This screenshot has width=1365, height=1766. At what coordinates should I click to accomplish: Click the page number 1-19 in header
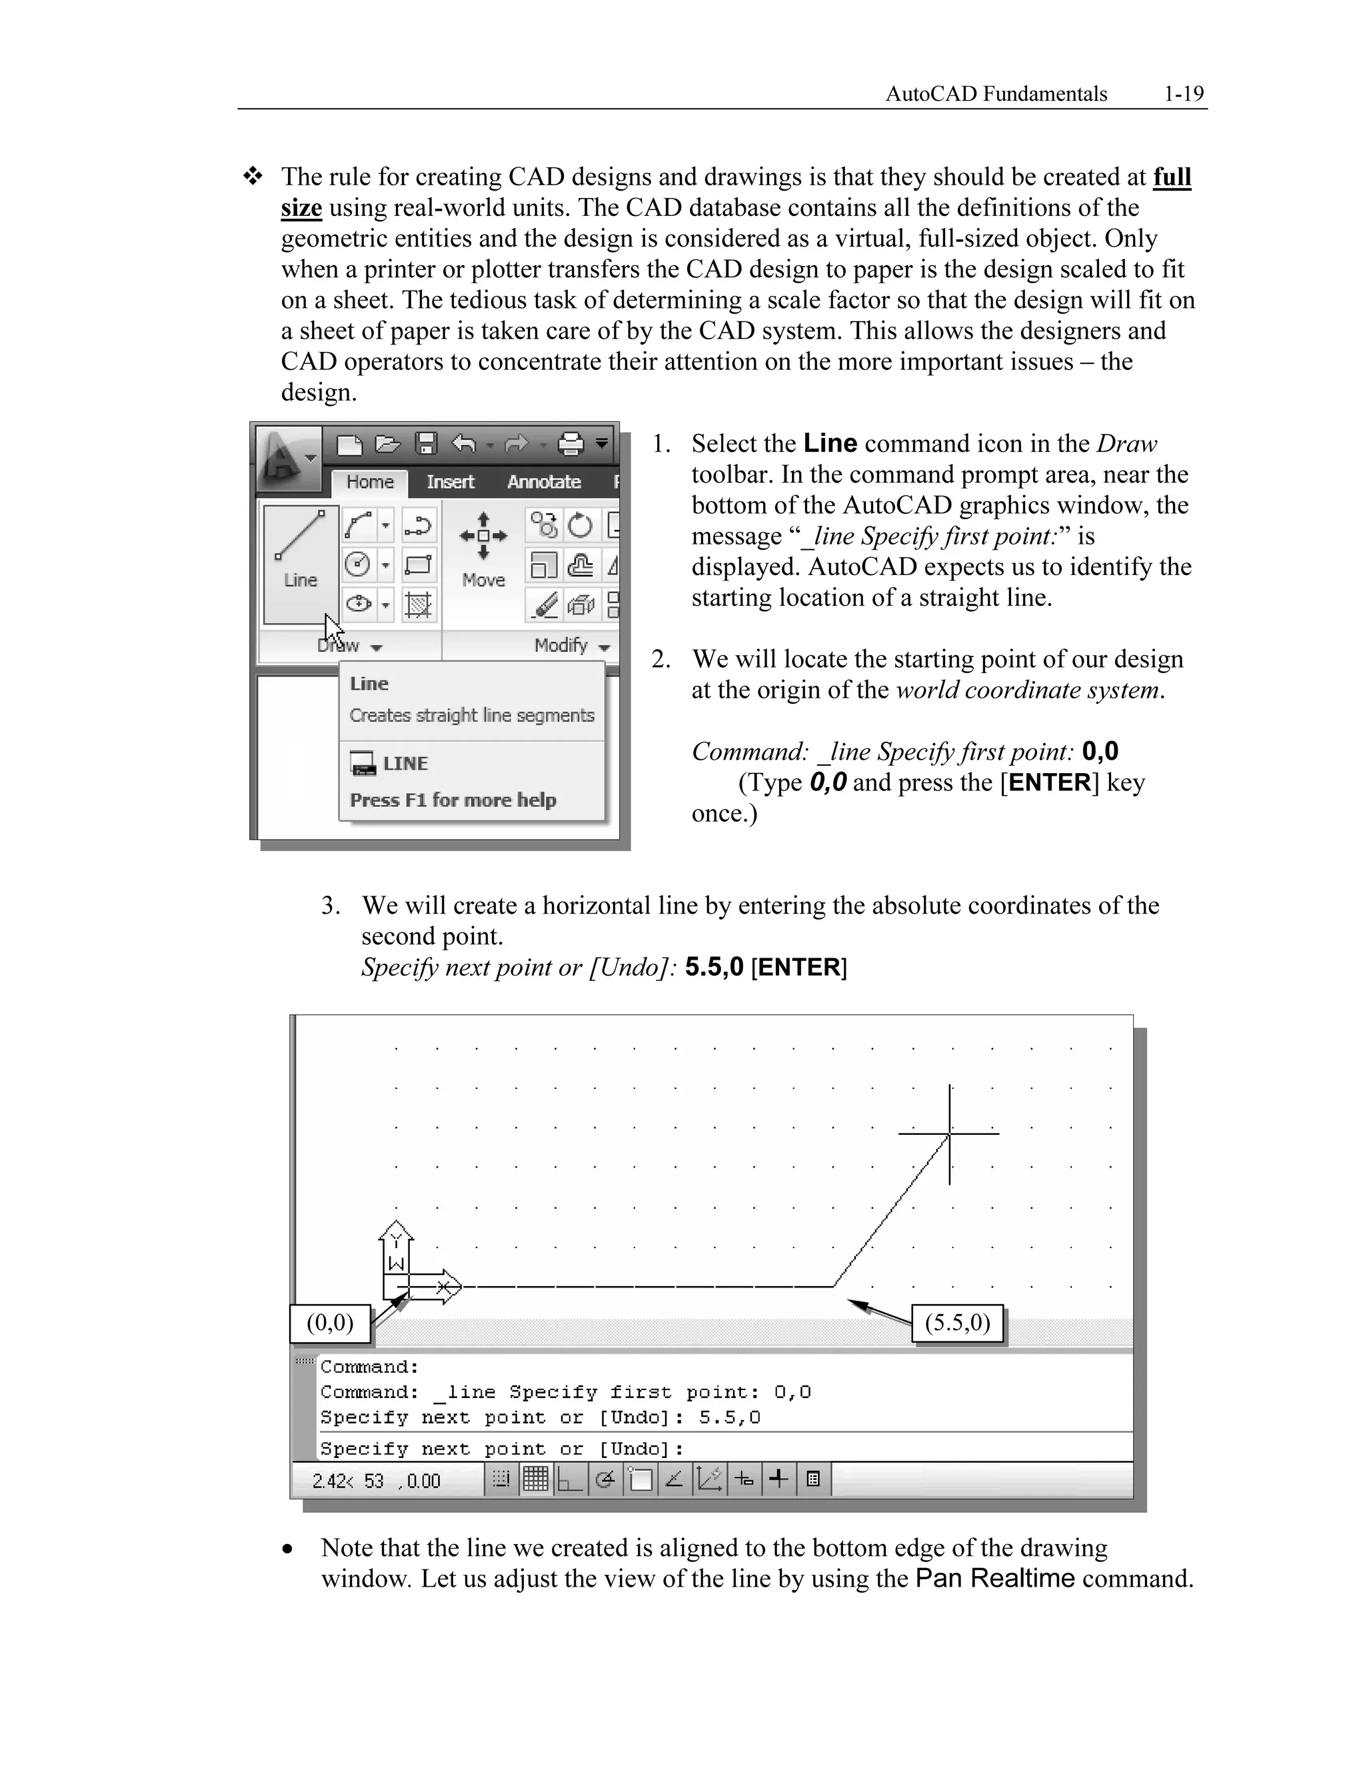(x=1183, y=94)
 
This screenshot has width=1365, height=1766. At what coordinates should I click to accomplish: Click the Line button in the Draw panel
(x=300, y=564)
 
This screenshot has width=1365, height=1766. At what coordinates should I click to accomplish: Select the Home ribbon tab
(x=369, y=482)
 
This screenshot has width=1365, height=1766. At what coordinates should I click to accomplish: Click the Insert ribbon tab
(x=450, y=482)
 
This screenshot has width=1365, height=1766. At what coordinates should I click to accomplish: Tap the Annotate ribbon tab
(x=543, y=482)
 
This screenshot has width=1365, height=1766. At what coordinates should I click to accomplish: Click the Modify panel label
(x=561, y=645)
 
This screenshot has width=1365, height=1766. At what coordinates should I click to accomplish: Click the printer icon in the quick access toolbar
(x=571, y=443)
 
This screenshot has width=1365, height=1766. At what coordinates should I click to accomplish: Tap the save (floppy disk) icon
(x=425, y=443)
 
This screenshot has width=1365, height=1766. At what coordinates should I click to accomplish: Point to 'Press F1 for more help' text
(x=452, y=800)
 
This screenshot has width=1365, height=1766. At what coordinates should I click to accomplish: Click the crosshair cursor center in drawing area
(x=949, y=1134)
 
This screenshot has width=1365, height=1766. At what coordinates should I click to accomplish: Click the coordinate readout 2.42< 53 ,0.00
(x=376, y=1481)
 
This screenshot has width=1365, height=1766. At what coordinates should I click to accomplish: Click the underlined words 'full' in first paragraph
(x=1172, y=177)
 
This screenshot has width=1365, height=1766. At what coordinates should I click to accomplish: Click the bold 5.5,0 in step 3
(x=713, y=967)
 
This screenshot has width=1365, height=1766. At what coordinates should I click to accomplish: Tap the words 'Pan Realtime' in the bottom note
(x=994, y=1578)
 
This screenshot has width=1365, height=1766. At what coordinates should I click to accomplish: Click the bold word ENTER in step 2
(x=1050, y=783)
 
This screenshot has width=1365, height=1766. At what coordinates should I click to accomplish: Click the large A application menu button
(x=287, y=458)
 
